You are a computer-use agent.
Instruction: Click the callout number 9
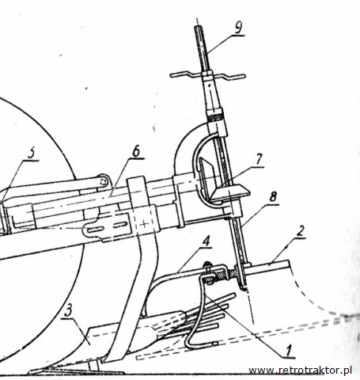pyautogui.click(x=238, y=28)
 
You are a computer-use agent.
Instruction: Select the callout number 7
pyautogui.click(x=259, y=159)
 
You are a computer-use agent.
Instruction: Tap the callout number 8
pyautogui.click(x=273, y=197)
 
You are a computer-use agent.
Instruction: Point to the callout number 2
pyautogui.click(x=300, y=231)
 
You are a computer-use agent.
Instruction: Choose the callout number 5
pyautogui.click(x=31, y=154)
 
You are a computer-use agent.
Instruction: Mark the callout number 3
pyautogui.click(x=68, y=311)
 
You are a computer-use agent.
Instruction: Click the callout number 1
pyautogui.click(x=288, y=351)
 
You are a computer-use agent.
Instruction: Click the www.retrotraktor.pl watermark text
pyautogui.click(x=301, y=370)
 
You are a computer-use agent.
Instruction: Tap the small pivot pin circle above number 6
pyautogui.click(x=104, y=181)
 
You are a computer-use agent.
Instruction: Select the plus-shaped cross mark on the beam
pyautogui.click(x=144, y=224)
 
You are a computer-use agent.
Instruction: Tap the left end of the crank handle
pyautogui.click(x=172, y=75)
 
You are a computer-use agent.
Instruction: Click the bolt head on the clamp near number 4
pyautogui.click(x=207, y=264)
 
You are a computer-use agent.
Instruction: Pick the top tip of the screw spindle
pyautogui.click(x=197, y=27)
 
